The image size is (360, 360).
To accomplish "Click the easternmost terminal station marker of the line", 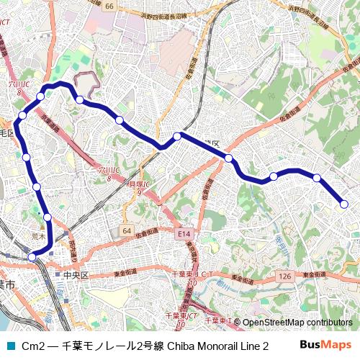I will pyautogui.click(x=344, y=204).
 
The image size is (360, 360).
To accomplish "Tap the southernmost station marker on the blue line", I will pyautogui.click(x=32, y=256).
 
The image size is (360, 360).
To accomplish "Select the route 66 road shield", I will pyautogui.click(x=109, y=6).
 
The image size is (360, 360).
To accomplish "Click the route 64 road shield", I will pyautogui.click(x=127, y=230).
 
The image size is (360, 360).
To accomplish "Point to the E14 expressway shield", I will pyautogui.click(x=185, y=235).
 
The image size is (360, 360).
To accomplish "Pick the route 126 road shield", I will pyautogui.click(x=284, y=276).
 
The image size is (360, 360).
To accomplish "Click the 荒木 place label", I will pyautogui.click(x=39, y=235).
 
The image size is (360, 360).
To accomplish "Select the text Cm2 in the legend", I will pyautogui.click(x=33, y=346).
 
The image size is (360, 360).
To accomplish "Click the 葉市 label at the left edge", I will pyautogui.click(x=6, y=286).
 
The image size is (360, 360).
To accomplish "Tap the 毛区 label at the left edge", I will pyautogui.click(x=6, y=133).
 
